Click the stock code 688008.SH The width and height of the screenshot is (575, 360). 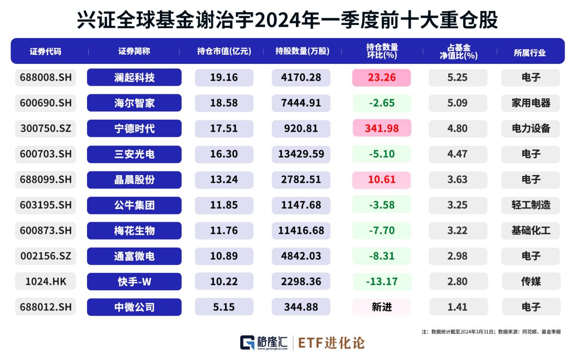coord(46,78)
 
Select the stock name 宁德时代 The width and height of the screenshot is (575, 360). coord(134,128)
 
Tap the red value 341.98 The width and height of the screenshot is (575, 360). coord(382,128)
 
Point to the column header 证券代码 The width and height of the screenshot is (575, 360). coord(45,52)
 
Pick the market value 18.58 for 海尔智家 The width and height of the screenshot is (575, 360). coord(224,103)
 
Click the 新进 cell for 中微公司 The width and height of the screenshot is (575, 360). coord(382,307)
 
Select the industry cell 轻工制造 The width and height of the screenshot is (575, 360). coord(531,205)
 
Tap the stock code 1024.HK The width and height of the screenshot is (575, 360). coord(46,282)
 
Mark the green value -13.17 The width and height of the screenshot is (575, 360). coord(382,282)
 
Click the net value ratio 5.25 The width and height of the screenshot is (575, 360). coord(457,78)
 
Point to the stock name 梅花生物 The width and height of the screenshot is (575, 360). coord(134,231)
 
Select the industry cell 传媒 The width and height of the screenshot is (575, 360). coord(531,282)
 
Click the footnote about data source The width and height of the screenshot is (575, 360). coord(491,332)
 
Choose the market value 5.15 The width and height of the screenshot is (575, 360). coord(224,307)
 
